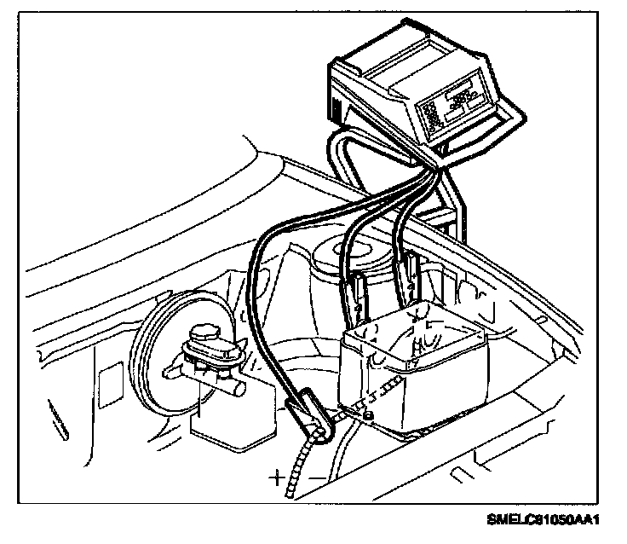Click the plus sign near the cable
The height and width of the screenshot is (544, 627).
277,477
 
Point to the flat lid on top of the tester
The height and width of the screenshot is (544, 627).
400,60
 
